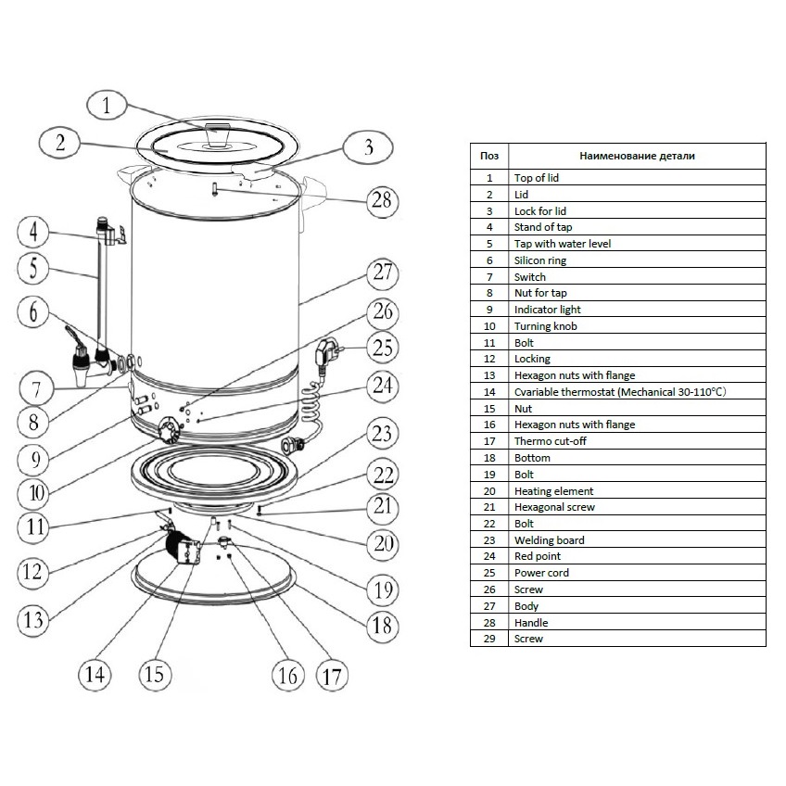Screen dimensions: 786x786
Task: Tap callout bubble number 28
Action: pyautogui.click(x=380, y=199)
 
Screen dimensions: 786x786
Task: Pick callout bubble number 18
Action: pyautogui.click(x=381, y=625)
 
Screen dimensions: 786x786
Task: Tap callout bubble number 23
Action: pyautogui.click(x=380, y=434)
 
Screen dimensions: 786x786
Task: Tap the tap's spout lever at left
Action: pyautogui.click(x=71, y=336)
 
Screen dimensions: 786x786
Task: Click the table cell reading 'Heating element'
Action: pyautogui.click(x=553, y=491)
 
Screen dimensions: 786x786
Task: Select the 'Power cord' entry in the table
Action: pyautogui.click(x=541, y=573)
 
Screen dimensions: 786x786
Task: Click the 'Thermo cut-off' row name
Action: pyautogui.click(x=550, y=441)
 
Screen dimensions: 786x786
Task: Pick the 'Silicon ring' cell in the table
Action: pyautogui.click(x=539, y=260)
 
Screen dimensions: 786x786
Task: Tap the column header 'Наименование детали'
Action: pyautogui.click(x=636, y=157)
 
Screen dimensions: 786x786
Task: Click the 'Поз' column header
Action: pyautogui.click(x=488, y=157)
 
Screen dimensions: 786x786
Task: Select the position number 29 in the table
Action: pyautogui.click(x=488, y=639)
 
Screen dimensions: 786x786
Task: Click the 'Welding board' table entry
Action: pyautogui.click(x=549, y=540)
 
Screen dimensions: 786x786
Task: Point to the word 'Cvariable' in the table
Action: pyautogui.click(x=537, y=392)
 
